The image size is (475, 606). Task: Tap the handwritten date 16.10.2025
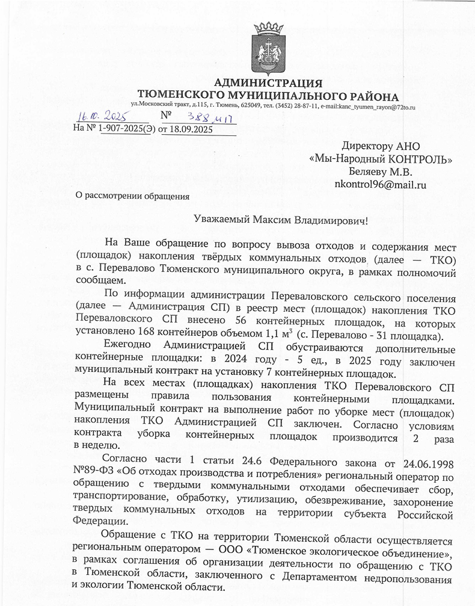pyautogui.click(x=100, y=117)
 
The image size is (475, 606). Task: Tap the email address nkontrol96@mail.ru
pyautogui.click(x=379, y=185)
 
